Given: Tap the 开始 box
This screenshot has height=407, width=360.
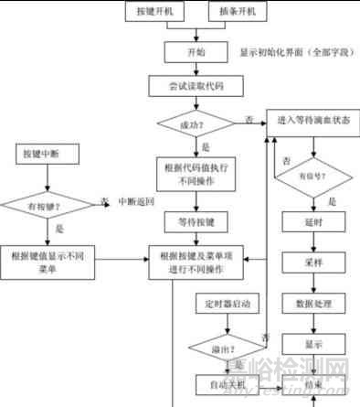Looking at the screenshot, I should (x=196, y=51).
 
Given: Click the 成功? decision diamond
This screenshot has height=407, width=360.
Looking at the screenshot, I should (x=196, y=121).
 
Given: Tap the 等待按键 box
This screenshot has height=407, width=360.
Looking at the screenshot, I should (x=196, y=222).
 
